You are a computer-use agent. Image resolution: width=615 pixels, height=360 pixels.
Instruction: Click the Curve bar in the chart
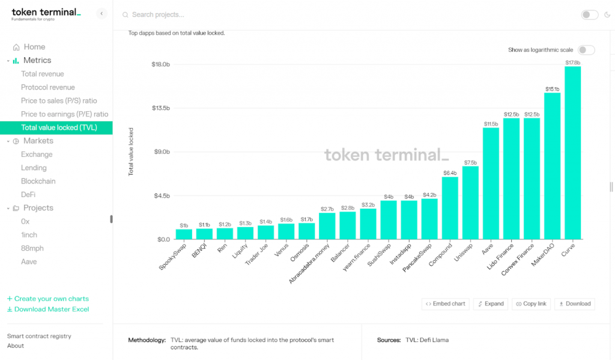click(572, 153)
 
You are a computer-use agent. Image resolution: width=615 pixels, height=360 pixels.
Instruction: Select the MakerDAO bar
click(552, 166)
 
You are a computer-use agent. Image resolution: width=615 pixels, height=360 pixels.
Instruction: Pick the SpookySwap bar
click(184, 234)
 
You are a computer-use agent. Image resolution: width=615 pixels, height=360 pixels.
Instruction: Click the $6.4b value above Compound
click(450, 172)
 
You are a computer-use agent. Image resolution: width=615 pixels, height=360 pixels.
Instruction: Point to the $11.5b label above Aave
click(491, 124)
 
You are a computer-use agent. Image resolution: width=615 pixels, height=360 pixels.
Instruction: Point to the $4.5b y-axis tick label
click(160, 196)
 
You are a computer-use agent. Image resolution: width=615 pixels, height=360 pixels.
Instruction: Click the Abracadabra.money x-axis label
click(310, 263)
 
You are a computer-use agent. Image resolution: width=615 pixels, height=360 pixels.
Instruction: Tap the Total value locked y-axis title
click(131, 151)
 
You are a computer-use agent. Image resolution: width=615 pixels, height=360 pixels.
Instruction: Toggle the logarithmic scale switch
click(586, 50)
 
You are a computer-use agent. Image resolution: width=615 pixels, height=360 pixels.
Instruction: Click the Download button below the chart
click(575, 304)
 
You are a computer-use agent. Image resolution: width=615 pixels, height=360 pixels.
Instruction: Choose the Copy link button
click(530, 304)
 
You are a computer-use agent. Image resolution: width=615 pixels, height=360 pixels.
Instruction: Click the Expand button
click(490, 304)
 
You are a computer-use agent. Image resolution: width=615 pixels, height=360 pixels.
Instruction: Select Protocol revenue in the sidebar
click(48, 87)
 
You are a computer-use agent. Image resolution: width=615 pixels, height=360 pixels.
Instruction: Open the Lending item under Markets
click(34, 168)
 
